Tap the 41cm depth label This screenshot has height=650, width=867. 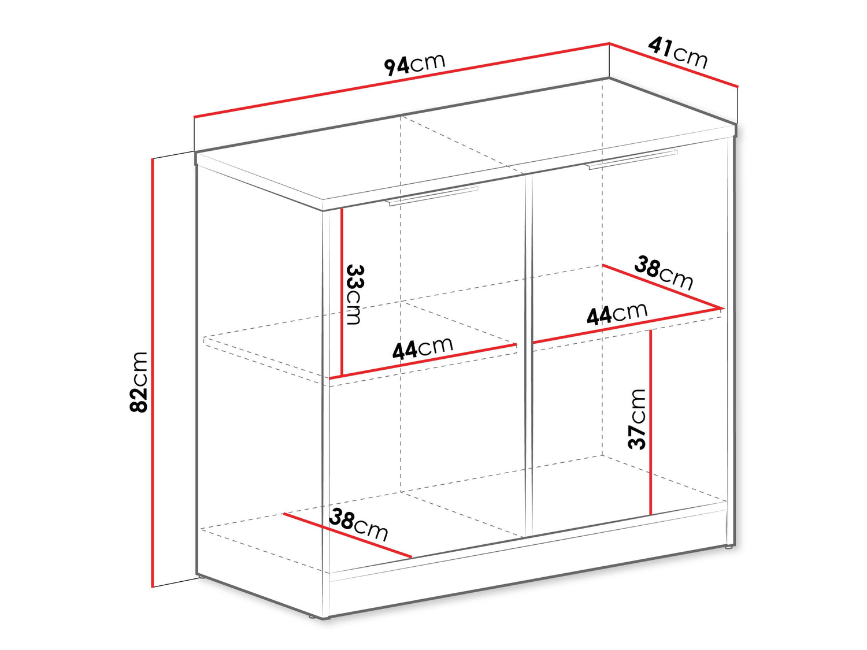coord(678,53)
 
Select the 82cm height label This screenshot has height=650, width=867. coord(139,382)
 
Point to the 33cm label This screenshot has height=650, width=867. coord(354,295)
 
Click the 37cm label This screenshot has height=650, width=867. coord(636,419)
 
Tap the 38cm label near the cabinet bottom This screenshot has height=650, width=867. coord(359,525)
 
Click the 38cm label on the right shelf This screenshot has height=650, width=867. coord(664,272)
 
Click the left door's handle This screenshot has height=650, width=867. coord(433,196)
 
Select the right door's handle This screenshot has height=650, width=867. coord(632,159)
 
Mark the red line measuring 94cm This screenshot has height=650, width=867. coord(402,80)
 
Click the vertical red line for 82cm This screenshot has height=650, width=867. coord(152,373)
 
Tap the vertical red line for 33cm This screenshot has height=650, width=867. coord(342,291)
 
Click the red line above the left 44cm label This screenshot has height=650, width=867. coord(423,362)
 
